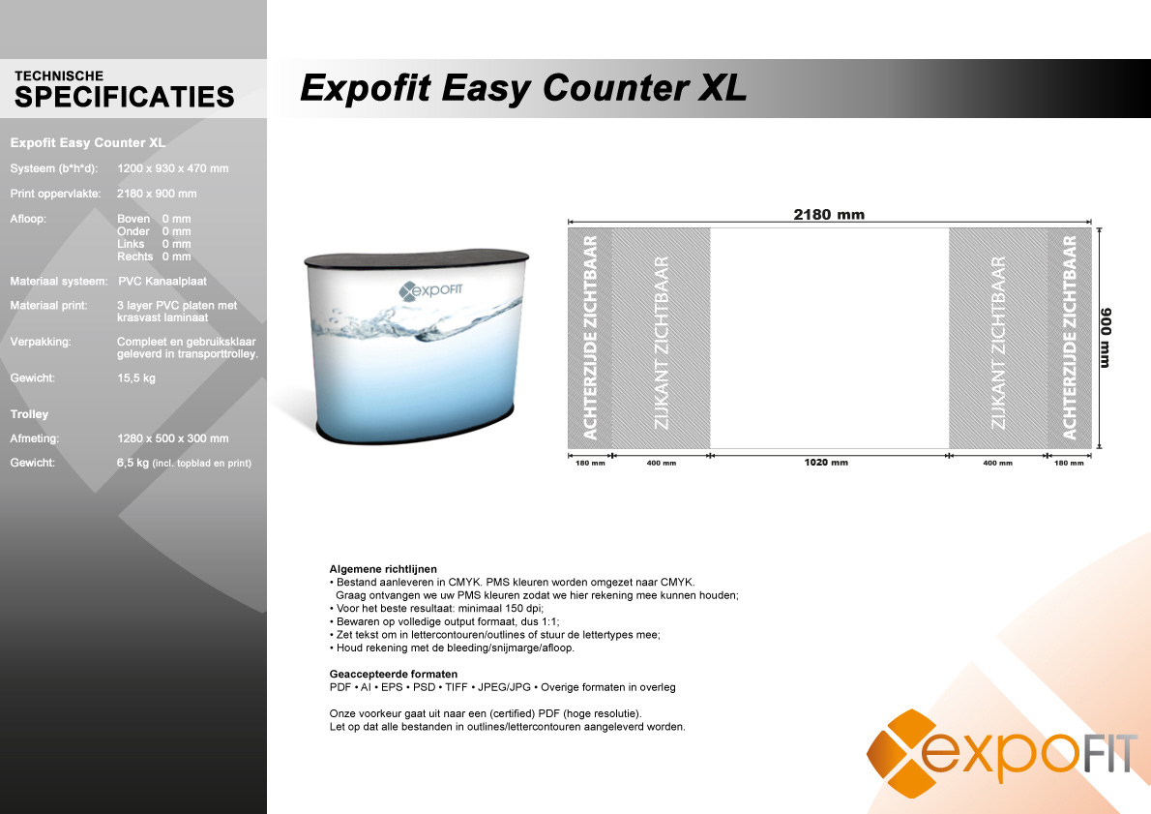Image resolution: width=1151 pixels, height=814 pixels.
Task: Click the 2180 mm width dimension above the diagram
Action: [x=829, y=215]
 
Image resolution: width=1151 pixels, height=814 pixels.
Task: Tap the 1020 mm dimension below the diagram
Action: [x=826, y=462]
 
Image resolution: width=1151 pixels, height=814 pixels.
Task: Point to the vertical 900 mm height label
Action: [x=1106, y=338]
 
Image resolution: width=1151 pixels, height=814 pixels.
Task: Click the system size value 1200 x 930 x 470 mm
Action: [x=172, y=168]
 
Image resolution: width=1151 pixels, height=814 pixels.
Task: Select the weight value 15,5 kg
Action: [x=135, y=378]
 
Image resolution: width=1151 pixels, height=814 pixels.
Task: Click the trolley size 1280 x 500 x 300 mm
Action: [x=172, y=438]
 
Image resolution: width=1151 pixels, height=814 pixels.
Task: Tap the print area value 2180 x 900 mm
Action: [x=157, y=194]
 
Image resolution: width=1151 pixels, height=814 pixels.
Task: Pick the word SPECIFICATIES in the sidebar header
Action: [x=124, y=97]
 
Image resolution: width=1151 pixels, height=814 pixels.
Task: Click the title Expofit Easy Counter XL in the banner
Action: [x=523, y=87]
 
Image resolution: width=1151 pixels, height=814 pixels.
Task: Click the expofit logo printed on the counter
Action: [x=430, y=290]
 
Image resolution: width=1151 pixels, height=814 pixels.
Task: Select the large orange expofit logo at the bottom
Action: [x=1001, y=753]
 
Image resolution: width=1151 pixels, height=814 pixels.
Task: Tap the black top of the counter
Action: [x=417, y=258]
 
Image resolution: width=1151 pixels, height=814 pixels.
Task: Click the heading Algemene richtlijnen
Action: [x=383, y=569]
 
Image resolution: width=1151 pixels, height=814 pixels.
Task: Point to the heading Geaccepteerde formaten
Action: [x=394, y=675]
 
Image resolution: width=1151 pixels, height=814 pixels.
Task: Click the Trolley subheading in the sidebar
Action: [x=29, y=414]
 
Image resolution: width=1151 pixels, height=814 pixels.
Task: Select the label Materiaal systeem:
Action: [x=59, y=282]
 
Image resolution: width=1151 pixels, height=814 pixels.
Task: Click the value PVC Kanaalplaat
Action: [x=162, y=282]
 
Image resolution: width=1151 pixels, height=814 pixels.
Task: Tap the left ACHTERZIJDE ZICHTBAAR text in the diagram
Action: [x=590, y=338]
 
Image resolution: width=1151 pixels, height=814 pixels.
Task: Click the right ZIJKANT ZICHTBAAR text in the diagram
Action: [x=997, y=343]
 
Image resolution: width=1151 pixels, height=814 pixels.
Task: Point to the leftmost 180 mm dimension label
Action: [x=590, y=463]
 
